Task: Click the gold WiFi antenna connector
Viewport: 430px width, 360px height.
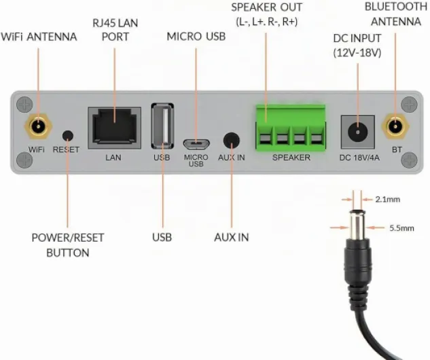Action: (x=38, y=126)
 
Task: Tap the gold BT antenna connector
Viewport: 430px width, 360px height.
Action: (x=395, y=126)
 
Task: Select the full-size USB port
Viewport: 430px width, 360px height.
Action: (x=162, y=126)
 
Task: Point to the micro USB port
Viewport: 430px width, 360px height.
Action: (x=196, y=144)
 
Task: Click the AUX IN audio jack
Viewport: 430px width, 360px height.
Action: (x=232, y=141)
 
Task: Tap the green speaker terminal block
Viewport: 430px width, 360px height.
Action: (x=291, y=127)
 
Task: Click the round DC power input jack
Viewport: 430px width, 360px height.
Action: (x=357, y=132)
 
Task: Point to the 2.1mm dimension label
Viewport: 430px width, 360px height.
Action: (x=387, y=199)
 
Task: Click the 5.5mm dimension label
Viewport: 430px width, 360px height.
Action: (x=401, y=228)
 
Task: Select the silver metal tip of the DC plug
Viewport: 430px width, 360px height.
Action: (x=357, y=225)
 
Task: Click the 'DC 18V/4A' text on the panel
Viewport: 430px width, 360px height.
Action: (x=359, y=158)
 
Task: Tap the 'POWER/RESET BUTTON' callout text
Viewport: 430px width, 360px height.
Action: (x=68, y=245)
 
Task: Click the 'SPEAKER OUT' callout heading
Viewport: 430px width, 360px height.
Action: (x=266, y=7)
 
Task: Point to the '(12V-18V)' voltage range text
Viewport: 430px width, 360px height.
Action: (x=357, y=52)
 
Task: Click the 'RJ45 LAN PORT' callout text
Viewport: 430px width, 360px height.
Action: (x=115, y=30)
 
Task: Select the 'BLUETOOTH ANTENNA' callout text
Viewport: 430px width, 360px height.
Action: (x=396, y=14)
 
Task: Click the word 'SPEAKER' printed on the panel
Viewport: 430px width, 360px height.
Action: (x=291, y=158)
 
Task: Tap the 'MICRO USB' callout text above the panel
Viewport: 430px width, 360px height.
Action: (x=196, y=37)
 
